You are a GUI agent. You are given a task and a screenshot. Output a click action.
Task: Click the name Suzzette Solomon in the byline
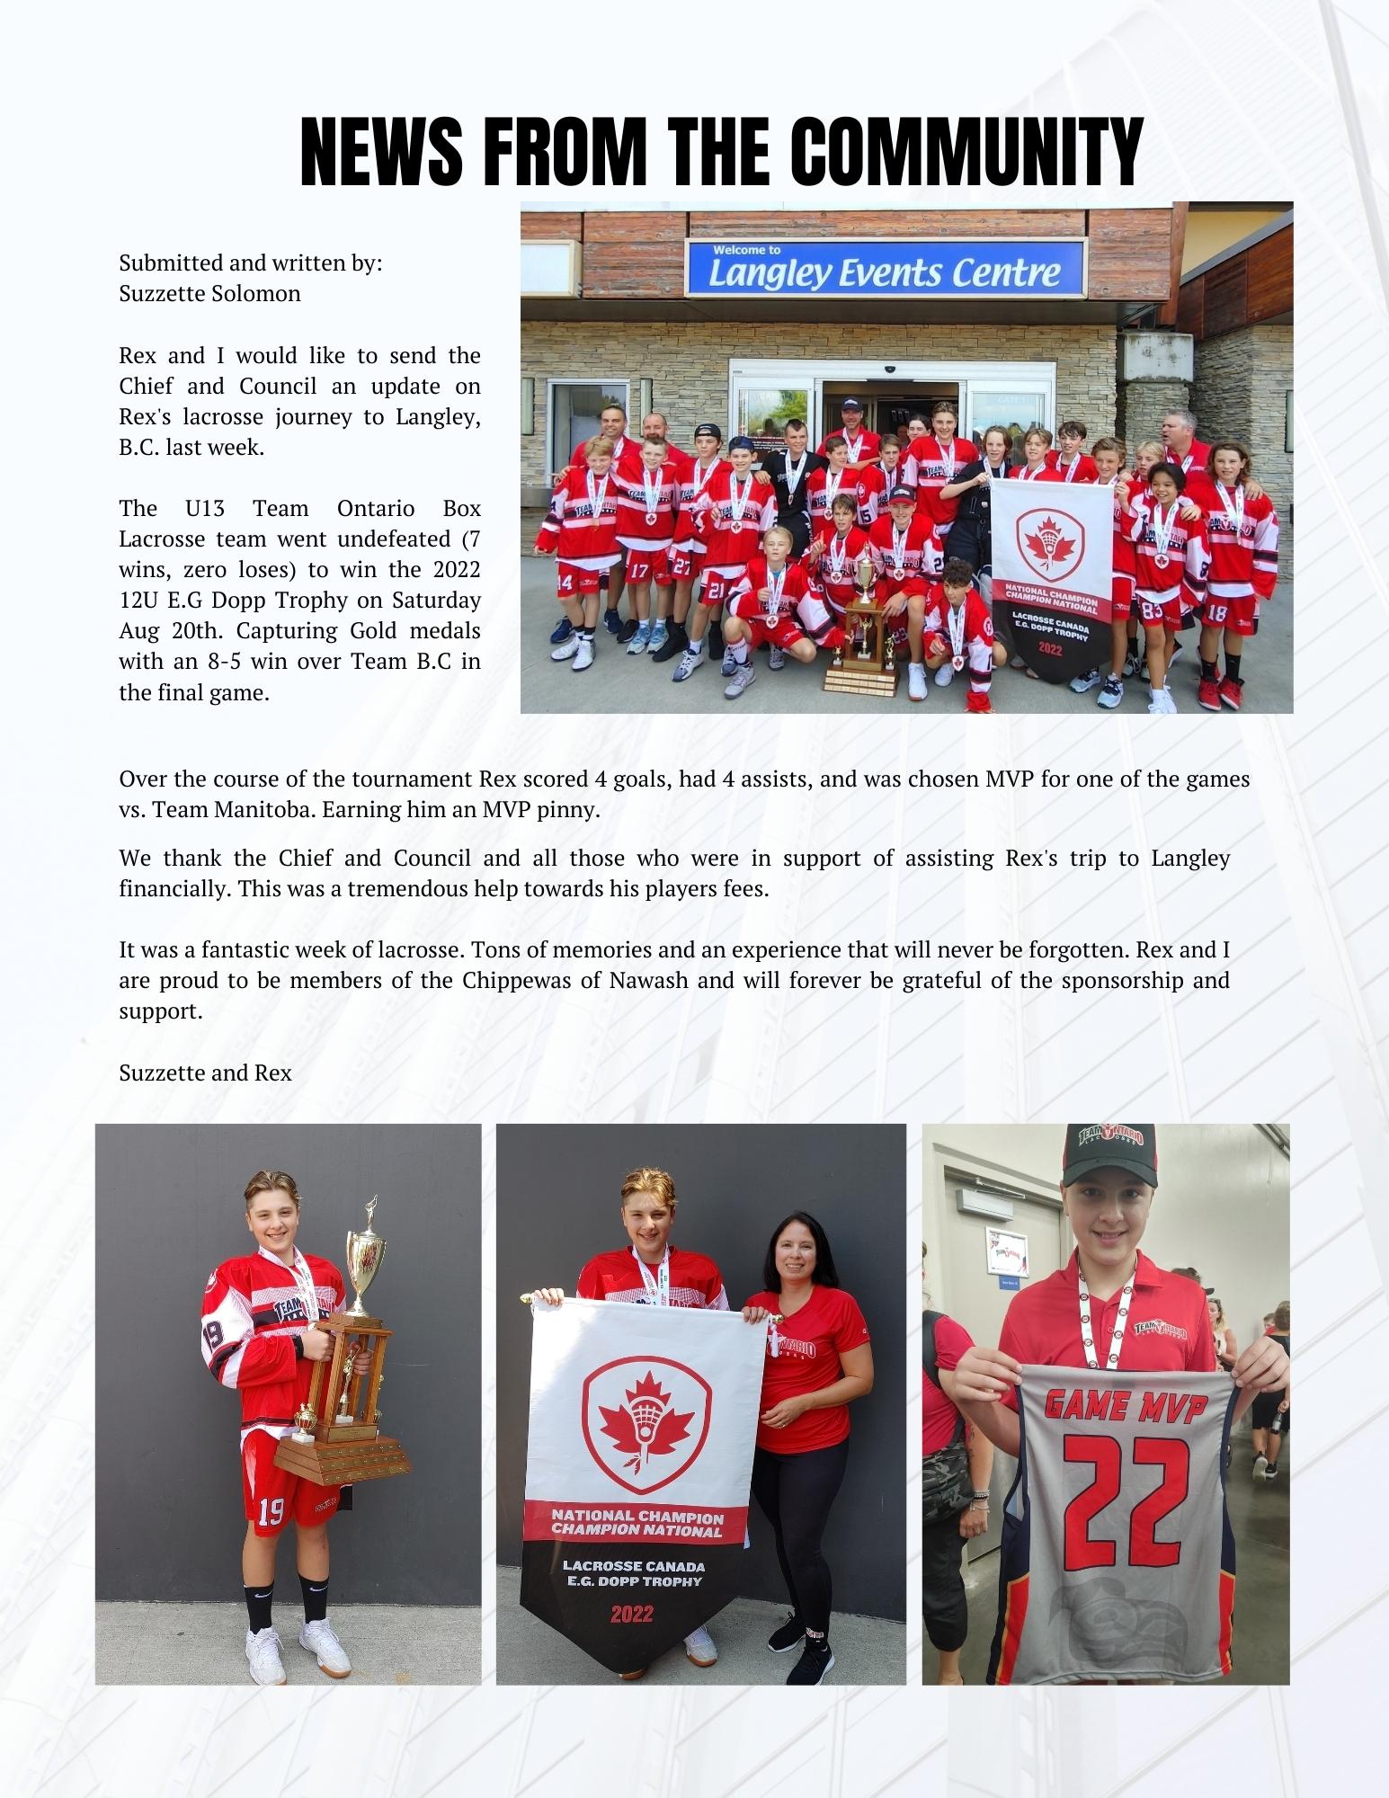209,294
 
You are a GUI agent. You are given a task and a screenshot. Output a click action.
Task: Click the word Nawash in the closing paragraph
648,980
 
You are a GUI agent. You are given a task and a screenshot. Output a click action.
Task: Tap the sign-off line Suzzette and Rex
205,1073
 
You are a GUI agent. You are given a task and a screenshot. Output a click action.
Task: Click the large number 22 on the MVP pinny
1119,1495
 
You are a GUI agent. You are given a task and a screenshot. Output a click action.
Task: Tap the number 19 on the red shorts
271,1513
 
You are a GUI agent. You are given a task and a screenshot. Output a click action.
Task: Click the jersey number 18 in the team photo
1216,614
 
